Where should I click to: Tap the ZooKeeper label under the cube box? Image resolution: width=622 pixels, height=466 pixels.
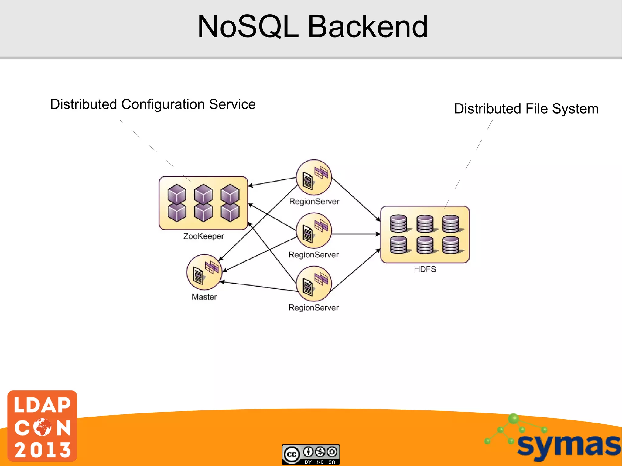click(x=203, y=236)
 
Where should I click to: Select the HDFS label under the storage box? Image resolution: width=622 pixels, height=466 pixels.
click(x=425, y=269)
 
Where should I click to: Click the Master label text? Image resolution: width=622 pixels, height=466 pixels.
click(x=204, y=297)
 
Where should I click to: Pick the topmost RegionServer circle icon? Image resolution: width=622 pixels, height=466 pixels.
click(x=314, y=177)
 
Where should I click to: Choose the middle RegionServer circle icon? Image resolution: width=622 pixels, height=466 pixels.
click(x=314, y=230)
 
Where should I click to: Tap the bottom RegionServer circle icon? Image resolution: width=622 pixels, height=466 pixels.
click(x=314, y=284)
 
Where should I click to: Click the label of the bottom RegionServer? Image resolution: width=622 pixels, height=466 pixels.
click(x=313, y=308)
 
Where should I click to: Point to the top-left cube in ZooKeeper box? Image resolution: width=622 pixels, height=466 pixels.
click(x=176, y=193)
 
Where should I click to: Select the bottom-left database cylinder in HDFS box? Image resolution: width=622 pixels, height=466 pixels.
click(x=398, y=245)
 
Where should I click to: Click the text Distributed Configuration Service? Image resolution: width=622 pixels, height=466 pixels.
click(x=153, y=104)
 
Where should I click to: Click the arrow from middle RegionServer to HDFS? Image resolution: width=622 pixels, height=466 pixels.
click(x=355, y=234)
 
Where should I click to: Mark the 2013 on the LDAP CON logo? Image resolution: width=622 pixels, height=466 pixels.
click(x=43, y=450)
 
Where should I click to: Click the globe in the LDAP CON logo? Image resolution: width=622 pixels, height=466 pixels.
click(x=43, y=427)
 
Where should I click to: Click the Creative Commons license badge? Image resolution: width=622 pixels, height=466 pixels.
click(x=311, y=454)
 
